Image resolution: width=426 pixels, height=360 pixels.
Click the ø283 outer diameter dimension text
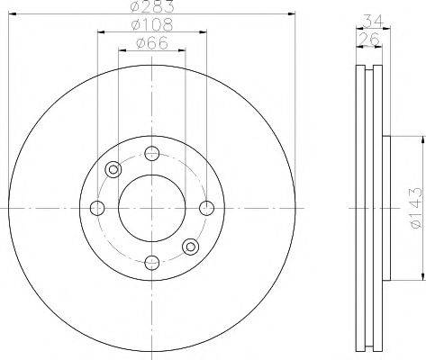tap(151, 8)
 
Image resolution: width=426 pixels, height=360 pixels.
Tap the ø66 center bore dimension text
tap(151, 43)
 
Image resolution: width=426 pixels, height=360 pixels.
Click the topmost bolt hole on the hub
tap(152, 154)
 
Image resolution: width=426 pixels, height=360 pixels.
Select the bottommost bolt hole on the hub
tap(152, 262)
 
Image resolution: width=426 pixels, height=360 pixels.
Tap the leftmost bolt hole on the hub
tap(98, 208)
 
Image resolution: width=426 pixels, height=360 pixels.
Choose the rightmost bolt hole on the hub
tap(206, 208)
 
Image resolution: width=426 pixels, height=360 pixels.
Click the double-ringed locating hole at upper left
tap(113, 169)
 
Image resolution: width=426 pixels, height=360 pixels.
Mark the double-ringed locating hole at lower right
tap(190, 247)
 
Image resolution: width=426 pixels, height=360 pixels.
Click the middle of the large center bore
tap(152, 208)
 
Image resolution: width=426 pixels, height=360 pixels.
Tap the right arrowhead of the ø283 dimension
tap(290, 13)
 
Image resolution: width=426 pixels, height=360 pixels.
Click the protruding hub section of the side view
tap(388, 208)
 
